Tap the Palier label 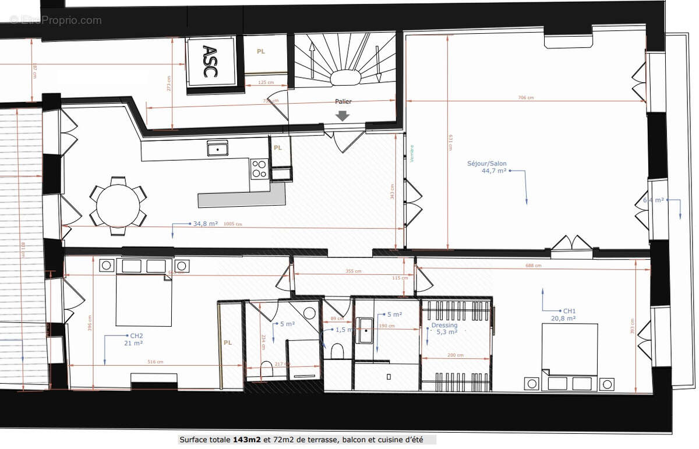(343, 101)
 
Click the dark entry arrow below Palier (343, 115)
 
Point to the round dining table (118, 206)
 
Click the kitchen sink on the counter (217, 149)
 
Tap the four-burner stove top (259, 169)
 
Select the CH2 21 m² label (133, 340)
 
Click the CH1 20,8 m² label (563, 315)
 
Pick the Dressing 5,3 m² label (444, 328)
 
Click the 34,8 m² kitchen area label (205, 224)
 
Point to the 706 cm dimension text (525, 98)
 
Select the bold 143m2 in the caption (243, 440)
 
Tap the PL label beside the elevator (261, 52)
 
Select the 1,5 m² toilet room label (344, 330)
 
